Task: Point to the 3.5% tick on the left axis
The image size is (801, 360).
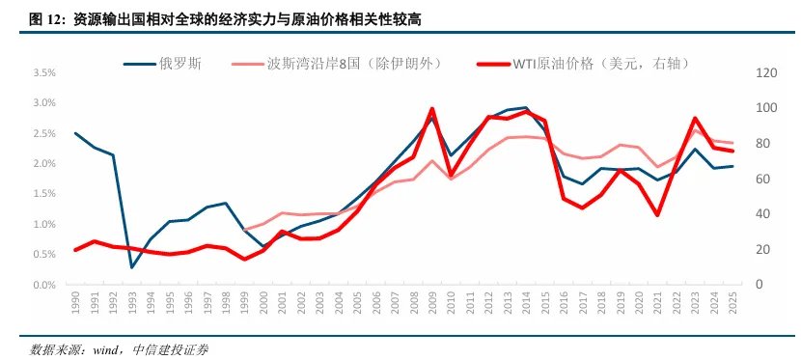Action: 44,72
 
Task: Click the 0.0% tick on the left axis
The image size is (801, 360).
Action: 44,286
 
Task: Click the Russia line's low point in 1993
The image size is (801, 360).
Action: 131,267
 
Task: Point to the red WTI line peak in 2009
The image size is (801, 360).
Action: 431,109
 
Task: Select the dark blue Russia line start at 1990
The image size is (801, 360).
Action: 75,133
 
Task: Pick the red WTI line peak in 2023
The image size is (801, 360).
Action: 694,118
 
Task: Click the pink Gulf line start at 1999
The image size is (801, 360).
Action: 244,230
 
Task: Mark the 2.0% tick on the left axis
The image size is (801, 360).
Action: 44,164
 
